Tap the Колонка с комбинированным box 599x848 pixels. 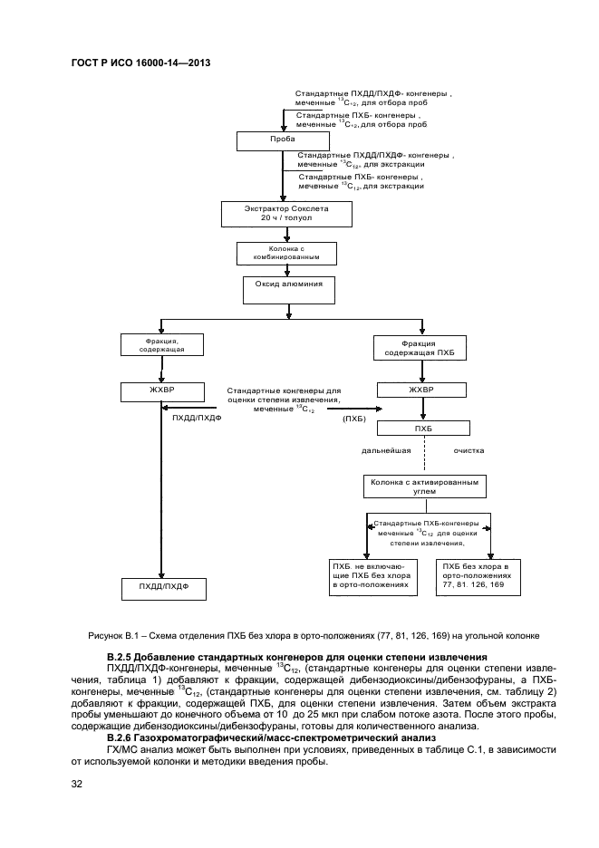pos(286,253)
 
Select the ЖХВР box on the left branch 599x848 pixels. pos(161,391)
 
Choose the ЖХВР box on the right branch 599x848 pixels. pos(421,391)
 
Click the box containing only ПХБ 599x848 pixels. pos(421,428)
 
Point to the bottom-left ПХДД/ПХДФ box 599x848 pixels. pos(164,588)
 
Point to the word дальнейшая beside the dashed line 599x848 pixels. pos(387,449)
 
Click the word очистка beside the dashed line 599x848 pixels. pos(469,449)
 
